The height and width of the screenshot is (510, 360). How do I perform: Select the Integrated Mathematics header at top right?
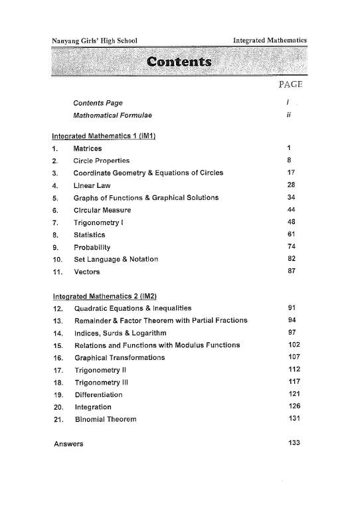(x=270, y=41)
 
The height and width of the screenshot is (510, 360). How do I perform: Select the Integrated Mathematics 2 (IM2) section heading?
(x=108, y=296)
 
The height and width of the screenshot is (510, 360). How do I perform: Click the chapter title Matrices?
(x=88, y=148)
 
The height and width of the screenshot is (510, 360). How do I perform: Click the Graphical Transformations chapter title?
(x=119, y=357)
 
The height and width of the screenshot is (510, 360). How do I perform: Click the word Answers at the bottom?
(x=67, y=443)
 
